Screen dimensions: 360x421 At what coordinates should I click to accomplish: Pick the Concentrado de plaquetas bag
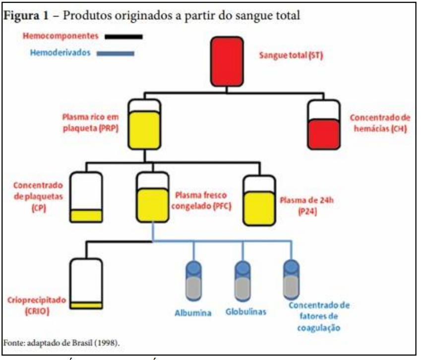(86, 197)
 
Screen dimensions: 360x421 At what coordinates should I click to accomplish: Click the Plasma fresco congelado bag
(153, 197)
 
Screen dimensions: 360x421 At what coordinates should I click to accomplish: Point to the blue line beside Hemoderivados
(116, 53)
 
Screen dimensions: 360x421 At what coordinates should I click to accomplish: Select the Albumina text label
(193, 313)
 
